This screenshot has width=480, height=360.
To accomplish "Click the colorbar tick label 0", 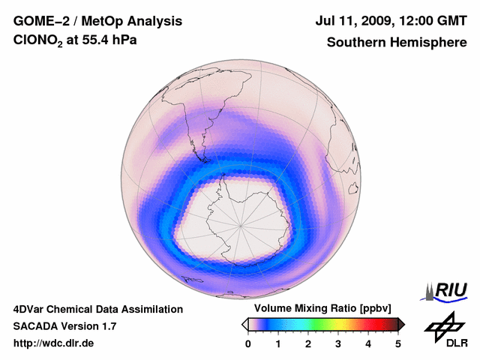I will (248, 343).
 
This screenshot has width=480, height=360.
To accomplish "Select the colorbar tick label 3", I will (338, 343).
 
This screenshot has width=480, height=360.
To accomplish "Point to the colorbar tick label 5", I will (398, 343).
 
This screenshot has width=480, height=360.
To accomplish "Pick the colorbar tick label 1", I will (278, 343).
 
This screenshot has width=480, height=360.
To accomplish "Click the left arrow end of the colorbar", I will (244, 324).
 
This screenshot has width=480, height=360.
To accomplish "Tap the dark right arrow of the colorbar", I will (402, 324).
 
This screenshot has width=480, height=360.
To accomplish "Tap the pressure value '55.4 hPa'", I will (110, 42).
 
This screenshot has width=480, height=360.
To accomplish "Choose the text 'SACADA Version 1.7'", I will (64, 326).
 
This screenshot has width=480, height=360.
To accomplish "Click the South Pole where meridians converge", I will (241, 223).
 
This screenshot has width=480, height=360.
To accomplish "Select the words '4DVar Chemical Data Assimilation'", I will (97, 309).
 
